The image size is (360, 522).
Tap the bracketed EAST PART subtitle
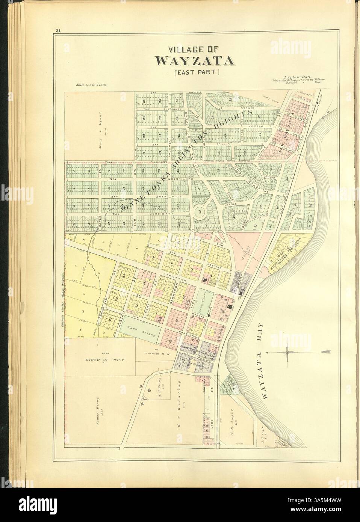click(193, 72)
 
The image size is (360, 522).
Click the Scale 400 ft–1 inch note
click(92, 85)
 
